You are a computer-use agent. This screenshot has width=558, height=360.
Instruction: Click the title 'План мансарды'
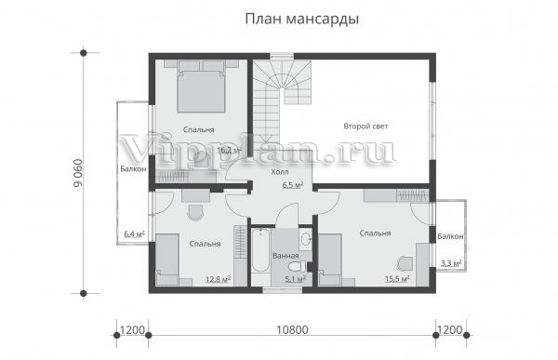point(301,20)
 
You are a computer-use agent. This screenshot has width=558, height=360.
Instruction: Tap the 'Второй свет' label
point(365,127)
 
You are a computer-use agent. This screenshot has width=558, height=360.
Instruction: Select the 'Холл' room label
point(280,172)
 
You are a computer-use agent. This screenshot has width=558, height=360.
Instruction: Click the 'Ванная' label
point(286,256)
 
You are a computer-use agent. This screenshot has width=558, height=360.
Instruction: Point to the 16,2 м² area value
point(230,150)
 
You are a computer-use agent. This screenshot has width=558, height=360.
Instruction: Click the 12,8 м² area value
point(218,279)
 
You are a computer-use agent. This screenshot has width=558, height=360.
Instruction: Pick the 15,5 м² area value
point(397,278)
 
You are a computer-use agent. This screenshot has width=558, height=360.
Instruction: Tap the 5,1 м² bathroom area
point(296,279)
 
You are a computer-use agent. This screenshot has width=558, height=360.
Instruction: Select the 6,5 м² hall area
point(293,185)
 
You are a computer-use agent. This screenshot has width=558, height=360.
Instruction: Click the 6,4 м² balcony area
point(134,233)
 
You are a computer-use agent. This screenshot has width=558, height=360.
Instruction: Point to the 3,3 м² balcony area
point(451,263)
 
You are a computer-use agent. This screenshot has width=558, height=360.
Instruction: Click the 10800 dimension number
point(292,330)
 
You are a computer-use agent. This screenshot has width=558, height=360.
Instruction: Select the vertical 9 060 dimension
point(77,173)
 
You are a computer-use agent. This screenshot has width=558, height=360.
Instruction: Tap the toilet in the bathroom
point(297,266)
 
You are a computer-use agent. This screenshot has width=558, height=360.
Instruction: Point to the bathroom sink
point(305,239)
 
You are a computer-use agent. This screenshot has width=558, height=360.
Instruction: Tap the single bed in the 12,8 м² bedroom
point(167,260)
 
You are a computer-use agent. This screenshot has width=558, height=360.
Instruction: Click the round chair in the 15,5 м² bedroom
point(405,264)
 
